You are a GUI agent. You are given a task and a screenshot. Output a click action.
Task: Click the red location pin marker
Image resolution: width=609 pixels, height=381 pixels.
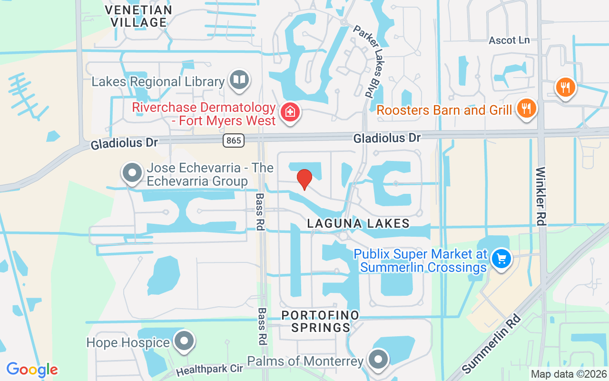(x=304, y=180)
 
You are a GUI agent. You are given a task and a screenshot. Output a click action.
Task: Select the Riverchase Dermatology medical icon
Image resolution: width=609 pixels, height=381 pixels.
(x=288, y=112)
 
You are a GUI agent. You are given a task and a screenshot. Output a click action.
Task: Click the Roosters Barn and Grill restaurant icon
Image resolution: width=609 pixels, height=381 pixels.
(x=526, y=109)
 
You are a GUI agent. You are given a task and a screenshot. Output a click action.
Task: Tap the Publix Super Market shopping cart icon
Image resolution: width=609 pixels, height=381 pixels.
(x=501, y=259)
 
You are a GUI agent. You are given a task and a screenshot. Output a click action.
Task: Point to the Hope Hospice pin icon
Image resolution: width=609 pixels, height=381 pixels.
(x=184, y=341)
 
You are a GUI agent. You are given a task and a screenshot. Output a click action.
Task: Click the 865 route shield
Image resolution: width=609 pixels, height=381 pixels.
(x=234, y=140)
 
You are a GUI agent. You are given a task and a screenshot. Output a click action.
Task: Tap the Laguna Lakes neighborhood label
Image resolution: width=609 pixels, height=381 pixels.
(x=358, y=223)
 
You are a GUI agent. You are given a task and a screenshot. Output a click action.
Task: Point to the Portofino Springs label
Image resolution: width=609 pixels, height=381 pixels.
(x=320, y=321)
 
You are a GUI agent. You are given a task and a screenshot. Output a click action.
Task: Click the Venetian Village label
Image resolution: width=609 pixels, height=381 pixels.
(x=138, y=16)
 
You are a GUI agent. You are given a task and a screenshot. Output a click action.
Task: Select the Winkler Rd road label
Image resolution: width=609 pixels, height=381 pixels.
(x=541, y=196)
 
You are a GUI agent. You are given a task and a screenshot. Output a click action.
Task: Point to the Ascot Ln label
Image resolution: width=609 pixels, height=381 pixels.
(x=509, y=40)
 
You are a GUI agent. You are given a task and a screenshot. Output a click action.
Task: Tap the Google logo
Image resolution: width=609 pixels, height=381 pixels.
(x=32, y=369)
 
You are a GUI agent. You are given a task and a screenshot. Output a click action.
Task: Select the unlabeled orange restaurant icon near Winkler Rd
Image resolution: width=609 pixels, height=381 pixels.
(x=565, y=87)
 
